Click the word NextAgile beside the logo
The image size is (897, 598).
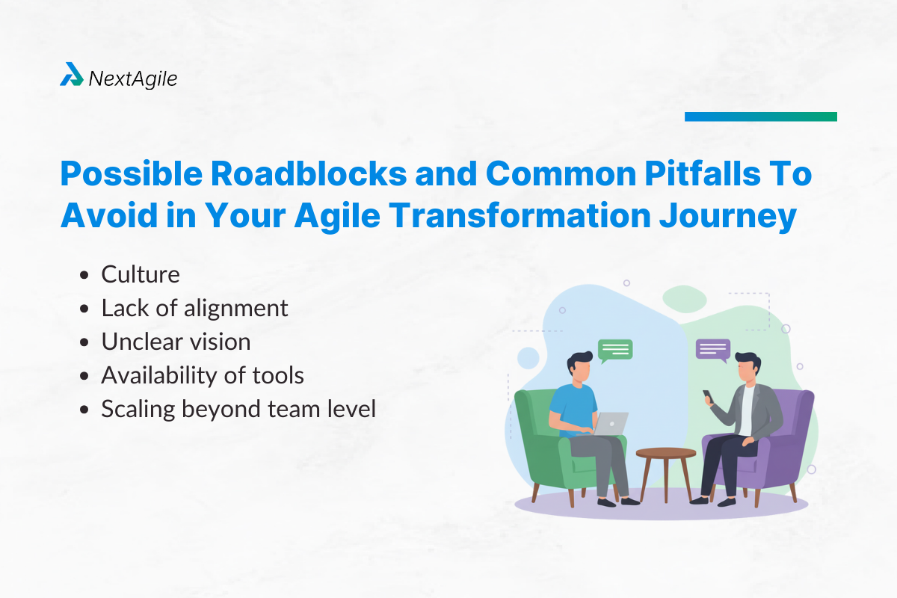click(133, 78)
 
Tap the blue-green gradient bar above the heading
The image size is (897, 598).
click(760, 117)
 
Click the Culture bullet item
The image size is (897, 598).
click(141, 274)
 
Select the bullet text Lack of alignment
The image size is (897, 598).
click(194, 308)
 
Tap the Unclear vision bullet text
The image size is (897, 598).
click(176, 342)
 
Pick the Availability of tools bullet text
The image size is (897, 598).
click(203, 375)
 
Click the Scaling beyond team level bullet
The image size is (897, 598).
click(238, 409)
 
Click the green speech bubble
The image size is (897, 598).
click(614, 349)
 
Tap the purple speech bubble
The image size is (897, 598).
click(713, 349)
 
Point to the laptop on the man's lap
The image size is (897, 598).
click(612, 423)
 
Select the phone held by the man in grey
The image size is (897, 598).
click(706, 394)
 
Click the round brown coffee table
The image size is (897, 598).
click(665, 453)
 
